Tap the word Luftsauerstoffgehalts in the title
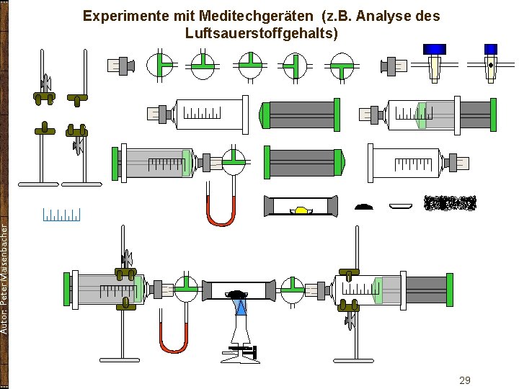(261, 33)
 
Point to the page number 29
(465, 380)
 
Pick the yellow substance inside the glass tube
(301, 210)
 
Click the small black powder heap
(365, 206)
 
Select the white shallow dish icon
(402, 206)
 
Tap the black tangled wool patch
(451, 204)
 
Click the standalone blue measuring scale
(61, 214)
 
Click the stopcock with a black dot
(490, 63)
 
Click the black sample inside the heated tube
(237, 293)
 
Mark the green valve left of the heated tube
(185, 290)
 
